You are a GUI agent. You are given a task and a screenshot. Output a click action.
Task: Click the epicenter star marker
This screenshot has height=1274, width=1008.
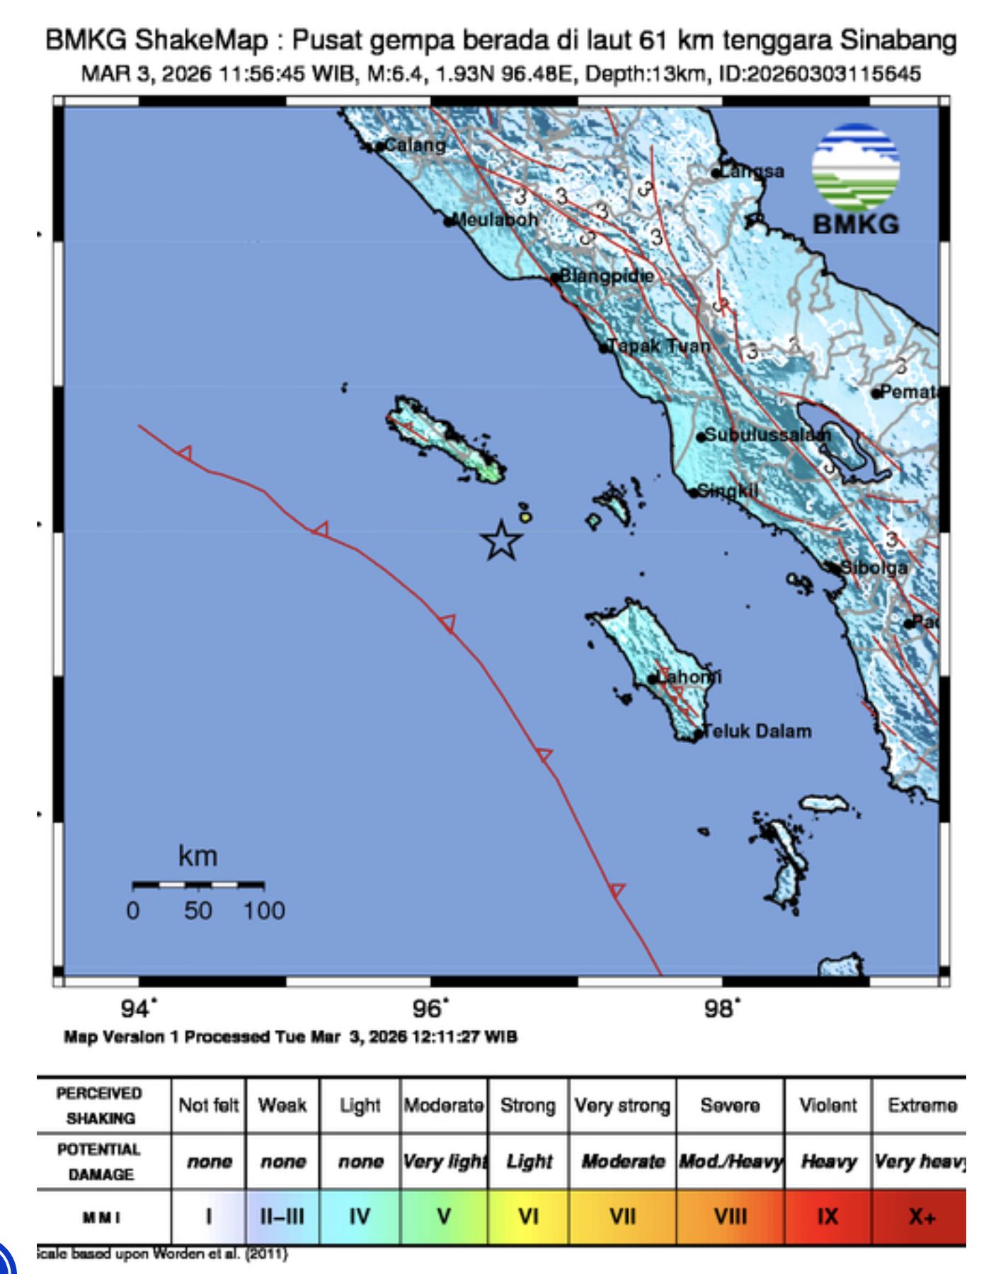click(501, 541)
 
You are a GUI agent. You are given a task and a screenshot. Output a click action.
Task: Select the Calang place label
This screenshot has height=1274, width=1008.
click(415, 145)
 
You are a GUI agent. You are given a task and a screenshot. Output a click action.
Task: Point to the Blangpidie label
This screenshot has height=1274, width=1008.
click(606, 275)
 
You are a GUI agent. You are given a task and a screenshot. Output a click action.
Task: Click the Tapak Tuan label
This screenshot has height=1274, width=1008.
click(658, 346)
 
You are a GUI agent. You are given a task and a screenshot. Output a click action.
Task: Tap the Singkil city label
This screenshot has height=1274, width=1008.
click(727, 490)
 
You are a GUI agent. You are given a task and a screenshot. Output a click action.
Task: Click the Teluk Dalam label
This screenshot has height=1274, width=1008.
click(757, 731)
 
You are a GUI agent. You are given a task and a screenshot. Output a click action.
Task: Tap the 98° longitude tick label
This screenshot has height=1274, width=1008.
click(721, 1007)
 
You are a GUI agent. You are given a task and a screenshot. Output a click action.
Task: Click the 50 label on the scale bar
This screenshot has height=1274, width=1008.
click(198, 910)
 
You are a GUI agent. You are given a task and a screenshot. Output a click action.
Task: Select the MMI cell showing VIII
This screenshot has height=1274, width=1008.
click(730, 1217)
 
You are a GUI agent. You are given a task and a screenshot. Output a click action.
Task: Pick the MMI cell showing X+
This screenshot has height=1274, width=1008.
click(922, 1217)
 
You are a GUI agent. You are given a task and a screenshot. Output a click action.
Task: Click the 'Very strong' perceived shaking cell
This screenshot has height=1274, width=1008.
click(622, 1105)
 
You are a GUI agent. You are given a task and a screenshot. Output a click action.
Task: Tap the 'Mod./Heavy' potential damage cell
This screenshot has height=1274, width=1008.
click(731, 1161)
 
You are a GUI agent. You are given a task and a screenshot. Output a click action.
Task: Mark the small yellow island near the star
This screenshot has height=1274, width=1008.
click(525, 517)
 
